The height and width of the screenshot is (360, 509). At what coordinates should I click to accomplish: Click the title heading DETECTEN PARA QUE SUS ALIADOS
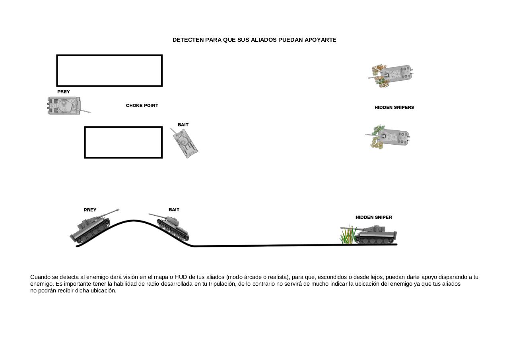click(x=225, y=40)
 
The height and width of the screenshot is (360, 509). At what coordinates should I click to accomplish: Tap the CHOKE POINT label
click(x=142, y=106)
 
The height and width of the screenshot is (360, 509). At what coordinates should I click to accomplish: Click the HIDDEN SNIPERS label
click(x=394, y=107)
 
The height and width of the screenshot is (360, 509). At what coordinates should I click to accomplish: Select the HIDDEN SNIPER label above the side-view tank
click(x=374, y=217)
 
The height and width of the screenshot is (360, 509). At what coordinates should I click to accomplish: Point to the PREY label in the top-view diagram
click(x=63, y=92)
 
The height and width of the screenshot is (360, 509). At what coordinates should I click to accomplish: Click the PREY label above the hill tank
click(x=90, y=210)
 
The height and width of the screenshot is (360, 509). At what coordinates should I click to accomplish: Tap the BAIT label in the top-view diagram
click(x=183, y=125)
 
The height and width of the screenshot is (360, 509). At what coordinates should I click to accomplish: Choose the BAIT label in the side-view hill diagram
click(x=174, y=210)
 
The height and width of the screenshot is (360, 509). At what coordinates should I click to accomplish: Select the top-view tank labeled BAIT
click(x=185, y=143)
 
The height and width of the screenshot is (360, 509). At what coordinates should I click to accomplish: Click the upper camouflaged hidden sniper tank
click(x=391, y=75)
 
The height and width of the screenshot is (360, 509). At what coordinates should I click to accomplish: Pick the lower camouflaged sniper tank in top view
click(x=388, y=137)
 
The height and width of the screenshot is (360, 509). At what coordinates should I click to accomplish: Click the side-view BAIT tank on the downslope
click(x=171, y=227)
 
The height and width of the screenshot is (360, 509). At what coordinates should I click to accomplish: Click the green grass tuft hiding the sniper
click(x=348, y=235)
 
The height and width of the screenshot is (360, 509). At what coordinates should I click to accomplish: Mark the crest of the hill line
click(x=134, y=220)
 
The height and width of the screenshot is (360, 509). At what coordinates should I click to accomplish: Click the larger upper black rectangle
click(x=109, y=55)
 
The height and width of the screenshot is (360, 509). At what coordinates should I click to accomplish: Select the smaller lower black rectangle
click(x=123, y=127)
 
